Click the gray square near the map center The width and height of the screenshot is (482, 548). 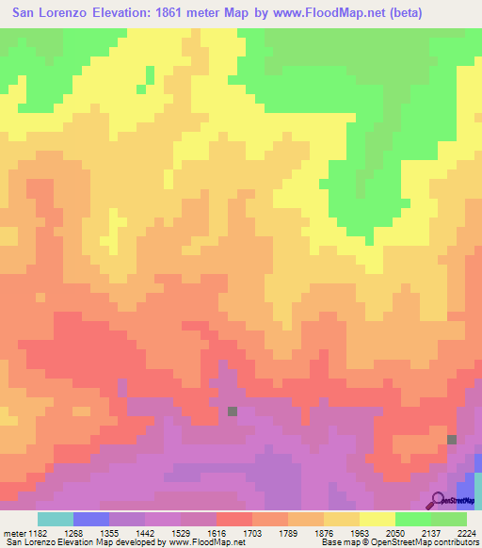[x=232, y=411]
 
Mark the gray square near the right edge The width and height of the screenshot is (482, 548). [x=452, y=439]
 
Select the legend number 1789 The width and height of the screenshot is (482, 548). [x=304, y=532]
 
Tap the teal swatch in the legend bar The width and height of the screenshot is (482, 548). [x=56, y=519]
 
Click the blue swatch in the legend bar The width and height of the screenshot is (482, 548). [x=91, y=519]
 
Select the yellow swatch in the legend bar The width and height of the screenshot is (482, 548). [x=378, y=519]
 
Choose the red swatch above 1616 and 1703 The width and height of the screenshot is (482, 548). [x=234, y=519]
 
